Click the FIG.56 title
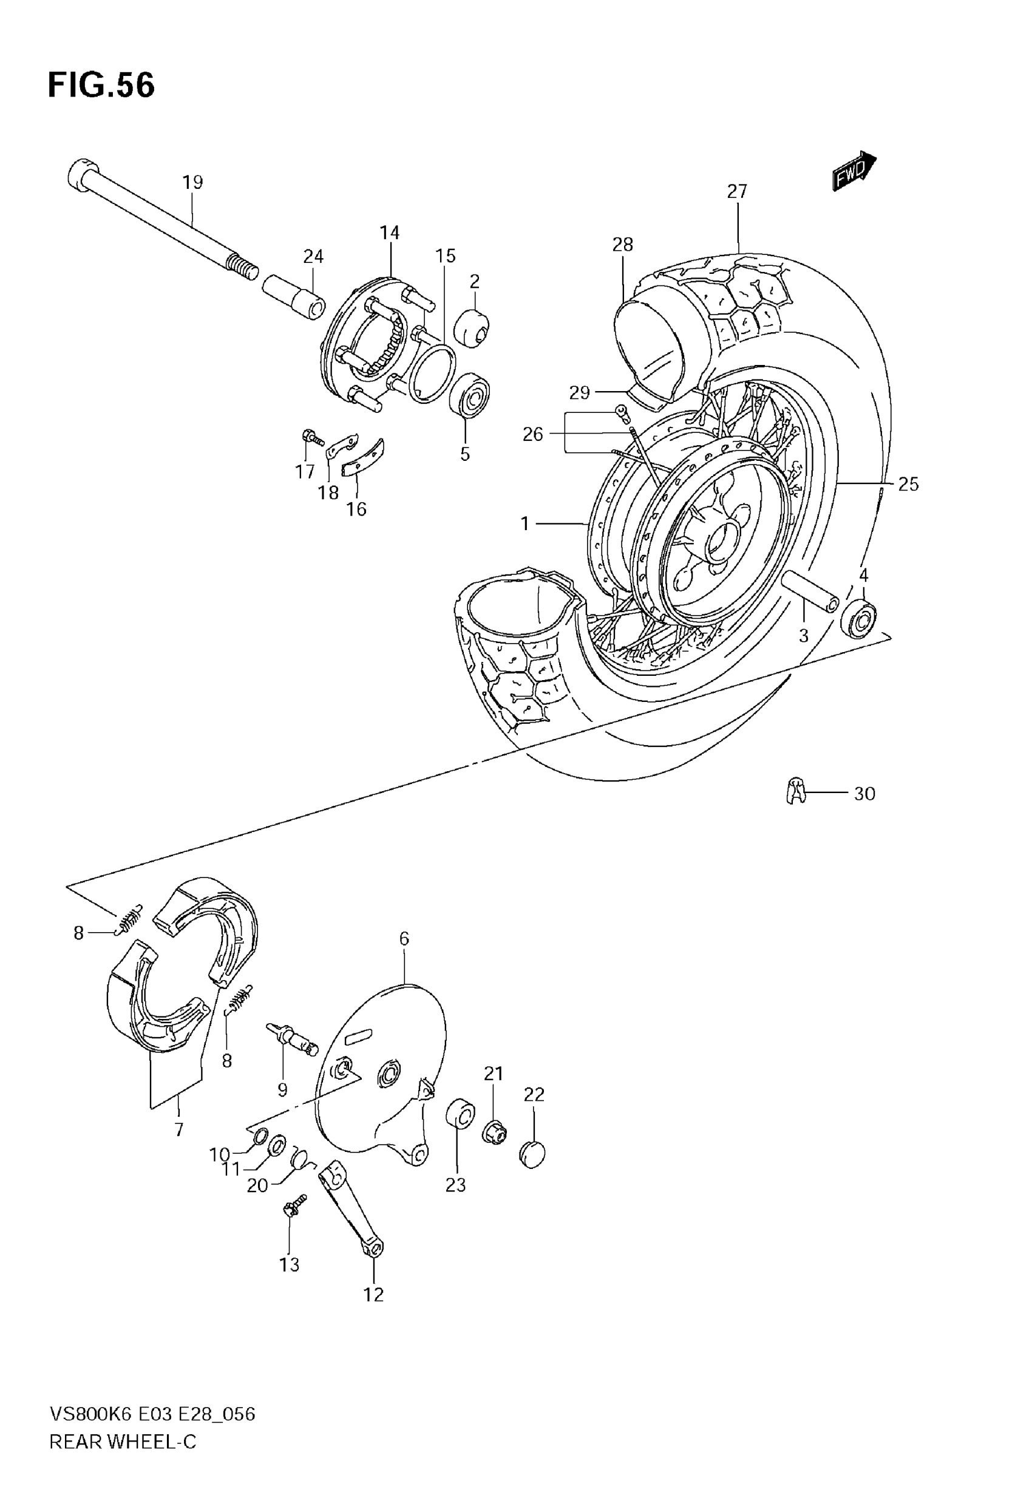point(101,86)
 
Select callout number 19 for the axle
point(192,182)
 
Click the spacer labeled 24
point(294,296)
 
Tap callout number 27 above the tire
point(736,191)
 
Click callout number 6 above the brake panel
point(404,938)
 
